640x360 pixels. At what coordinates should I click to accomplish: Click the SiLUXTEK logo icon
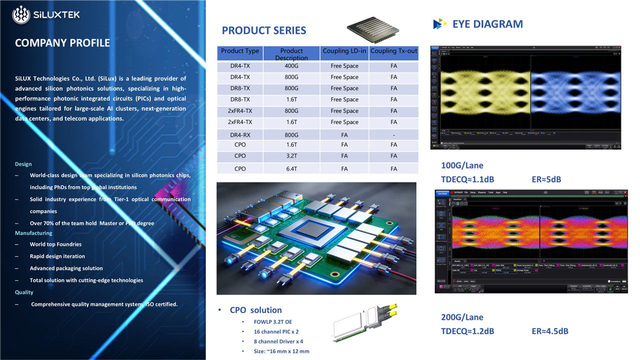pos(21,14)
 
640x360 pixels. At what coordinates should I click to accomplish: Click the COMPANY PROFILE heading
pos(62,43)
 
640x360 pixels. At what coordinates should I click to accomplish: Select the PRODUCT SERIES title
pos(264,30)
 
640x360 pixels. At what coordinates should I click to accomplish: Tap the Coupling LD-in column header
pos(344,51)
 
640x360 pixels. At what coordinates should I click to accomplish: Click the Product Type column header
pos(240,51)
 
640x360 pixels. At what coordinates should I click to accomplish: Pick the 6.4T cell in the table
pos(291,169)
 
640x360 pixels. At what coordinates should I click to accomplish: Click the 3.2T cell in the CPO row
pos(291,156)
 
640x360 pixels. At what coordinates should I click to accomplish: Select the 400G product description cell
pos(291,66)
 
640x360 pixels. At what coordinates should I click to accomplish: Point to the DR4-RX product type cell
pos(240,135)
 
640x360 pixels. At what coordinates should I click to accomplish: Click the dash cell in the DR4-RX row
pos(394,135)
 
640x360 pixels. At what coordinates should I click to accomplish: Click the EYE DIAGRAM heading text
pos(487,24)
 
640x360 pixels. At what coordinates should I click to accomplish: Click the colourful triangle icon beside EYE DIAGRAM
pos(439,24)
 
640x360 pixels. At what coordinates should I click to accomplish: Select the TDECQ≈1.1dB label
pos(467,179)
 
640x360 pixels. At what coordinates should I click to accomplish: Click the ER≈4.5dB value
pos(550,331)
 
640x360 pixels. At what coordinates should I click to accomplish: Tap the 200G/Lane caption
pos(462,317)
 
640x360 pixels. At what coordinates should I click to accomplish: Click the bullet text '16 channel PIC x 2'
pos(276,331)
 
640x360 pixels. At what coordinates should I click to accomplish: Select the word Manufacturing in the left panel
pos(33,233)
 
